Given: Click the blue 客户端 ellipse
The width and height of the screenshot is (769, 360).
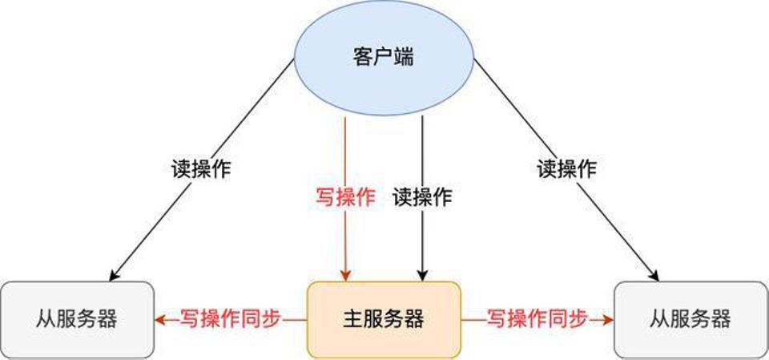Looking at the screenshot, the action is click(384, 58).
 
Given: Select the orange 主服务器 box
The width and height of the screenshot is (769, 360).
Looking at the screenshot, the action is click(384, 320).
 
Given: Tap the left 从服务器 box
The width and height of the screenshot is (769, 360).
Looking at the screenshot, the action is click(77, 320).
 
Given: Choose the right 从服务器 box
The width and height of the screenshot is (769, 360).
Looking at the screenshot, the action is click(691, 320).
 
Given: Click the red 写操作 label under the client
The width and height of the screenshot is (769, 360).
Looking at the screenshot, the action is click(344, 197).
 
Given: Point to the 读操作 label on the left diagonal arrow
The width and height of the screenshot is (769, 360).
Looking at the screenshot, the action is click(201, 169).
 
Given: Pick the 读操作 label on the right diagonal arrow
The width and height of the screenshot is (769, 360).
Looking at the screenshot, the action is click(567, 169).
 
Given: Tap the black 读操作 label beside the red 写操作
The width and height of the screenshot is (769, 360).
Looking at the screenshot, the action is click(422, 197).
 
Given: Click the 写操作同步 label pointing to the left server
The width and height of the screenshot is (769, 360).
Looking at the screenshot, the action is click(231, 320).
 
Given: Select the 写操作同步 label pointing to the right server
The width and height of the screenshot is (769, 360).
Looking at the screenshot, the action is click(537, 320).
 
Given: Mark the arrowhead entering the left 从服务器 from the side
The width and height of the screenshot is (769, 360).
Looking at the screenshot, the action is click(160, 320).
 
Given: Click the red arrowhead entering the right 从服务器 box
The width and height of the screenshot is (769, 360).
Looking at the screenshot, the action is click(609, 320).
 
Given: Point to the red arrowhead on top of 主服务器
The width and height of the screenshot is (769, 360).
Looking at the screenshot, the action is click(346, 277).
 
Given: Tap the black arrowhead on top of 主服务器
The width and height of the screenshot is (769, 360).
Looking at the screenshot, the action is click(423, 277).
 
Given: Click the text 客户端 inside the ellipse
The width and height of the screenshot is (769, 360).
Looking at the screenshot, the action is click(384, 58).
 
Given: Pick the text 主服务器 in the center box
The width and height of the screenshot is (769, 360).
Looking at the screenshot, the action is click(384, 320).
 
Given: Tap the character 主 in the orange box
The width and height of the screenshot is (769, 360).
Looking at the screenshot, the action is click(353, 320).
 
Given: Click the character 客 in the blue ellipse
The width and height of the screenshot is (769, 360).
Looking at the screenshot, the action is click(363, 58).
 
